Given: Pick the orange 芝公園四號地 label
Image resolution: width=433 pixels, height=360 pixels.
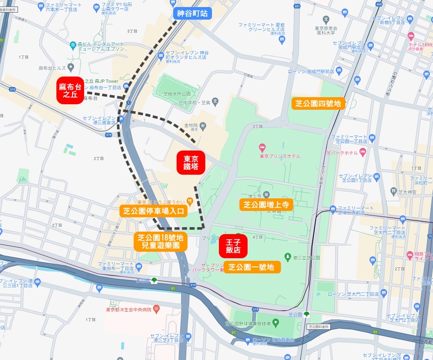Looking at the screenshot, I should click(x=318, y=104).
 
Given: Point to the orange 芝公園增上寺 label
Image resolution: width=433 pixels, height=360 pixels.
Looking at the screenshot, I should click(x=266, y=204).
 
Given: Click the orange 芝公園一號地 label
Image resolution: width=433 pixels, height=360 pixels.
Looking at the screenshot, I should click(x=252, y=267).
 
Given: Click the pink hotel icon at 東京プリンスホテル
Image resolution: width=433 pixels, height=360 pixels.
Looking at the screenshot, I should click(x=262, y=148).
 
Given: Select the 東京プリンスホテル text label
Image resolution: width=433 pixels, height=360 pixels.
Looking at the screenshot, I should click(x=280, y=156).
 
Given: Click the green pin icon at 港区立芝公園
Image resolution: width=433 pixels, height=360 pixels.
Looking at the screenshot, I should click(x=287, y=257).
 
